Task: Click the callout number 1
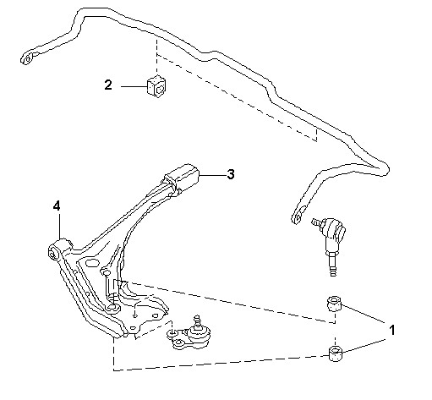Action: pyautogui.click(x=391, y=330)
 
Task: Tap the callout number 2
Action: pyautogui.click(x=108, y=85)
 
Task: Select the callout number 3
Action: pyautogui.click(x=231, y=174)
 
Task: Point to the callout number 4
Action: pyautogui.click(x=57, y=206)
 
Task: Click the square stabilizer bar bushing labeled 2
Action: pyautogui.click(x=156, y=85)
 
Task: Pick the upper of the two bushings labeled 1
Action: pyautogui.click(x=334, y=304)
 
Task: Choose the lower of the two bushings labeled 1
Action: pyautogui.click(x=336, y=353)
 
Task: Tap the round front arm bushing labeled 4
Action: pyautogui.click(x=57, y=249)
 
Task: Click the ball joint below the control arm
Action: pyautogui.click(x=189, y=334)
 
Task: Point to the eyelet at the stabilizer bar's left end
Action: pyautogui.click(x=29, y=58)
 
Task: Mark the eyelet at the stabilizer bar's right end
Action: pyautogui.click(x=298, y=215)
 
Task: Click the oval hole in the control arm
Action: pyautogui.click(x=92, y=263)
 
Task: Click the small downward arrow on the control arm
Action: pyautogui.click(x=135, y=310)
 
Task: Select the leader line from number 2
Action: pyautogui.click(x=134, y=86)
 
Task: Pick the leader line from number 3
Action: pyautogui.click(x=212, y=175)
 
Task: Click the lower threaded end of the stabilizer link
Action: pyautogui.click(x=333, y=265)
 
